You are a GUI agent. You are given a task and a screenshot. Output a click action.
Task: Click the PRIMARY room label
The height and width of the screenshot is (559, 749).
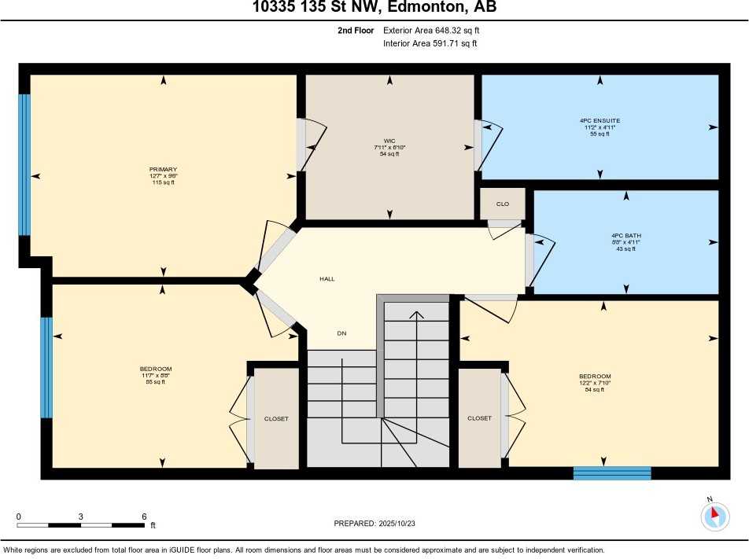163,169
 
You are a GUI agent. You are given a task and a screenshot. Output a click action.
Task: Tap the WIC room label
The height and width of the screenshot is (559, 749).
389,141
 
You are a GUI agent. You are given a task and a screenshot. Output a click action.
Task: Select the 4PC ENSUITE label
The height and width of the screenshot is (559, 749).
600,121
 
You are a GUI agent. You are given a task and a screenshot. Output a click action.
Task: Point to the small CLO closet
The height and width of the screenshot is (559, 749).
503,204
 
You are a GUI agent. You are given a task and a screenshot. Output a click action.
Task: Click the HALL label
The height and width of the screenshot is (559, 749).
327,278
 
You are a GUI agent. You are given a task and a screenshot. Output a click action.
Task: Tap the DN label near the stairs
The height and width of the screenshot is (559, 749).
341,333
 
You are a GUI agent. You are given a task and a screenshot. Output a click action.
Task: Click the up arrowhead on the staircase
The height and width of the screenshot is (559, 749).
416,314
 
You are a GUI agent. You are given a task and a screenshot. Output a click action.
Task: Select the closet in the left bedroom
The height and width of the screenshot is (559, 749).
276,418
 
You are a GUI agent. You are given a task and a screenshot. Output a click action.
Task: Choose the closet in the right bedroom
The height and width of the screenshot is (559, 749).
479,418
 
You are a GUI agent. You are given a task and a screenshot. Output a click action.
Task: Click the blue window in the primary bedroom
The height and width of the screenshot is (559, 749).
24,165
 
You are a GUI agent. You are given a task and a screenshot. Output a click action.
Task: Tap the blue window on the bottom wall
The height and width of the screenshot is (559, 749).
612,473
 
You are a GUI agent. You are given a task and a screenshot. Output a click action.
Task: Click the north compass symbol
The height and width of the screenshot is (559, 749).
714,515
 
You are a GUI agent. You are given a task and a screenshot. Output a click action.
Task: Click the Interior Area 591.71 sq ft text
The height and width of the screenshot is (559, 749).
430,43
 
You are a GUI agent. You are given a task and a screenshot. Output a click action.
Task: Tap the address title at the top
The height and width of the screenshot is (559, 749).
374,9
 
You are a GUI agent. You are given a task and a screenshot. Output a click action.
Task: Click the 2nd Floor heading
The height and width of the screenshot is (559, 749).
353,31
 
